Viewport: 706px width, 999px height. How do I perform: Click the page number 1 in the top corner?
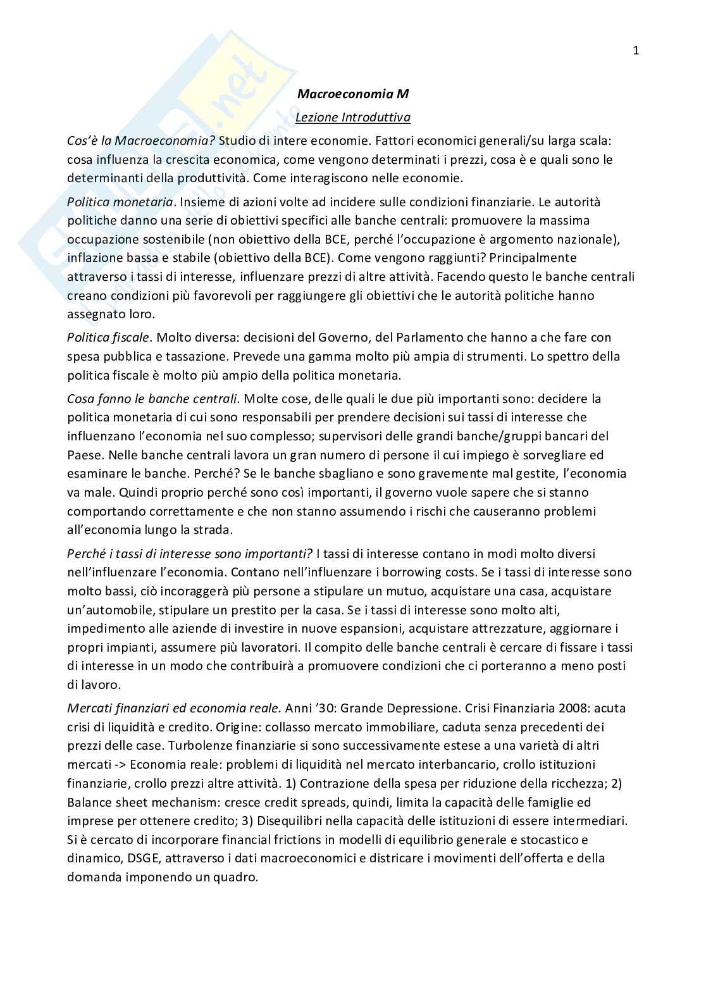636,51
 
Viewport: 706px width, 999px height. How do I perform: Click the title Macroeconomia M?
353,94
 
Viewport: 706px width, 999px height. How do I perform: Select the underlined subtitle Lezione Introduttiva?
353,117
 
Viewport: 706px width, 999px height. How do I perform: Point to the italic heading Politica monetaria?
120,202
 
